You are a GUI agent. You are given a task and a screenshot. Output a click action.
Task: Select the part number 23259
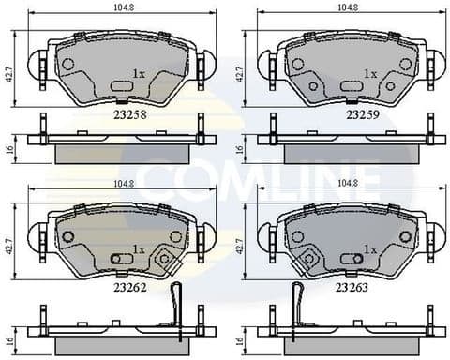[362, 115]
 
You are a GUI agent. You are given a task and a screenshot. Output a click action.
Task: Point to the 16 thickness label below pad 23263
[240, 322]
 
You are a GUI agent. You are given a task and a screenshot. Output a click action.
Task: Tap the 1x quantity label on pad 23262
[139, 248]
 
